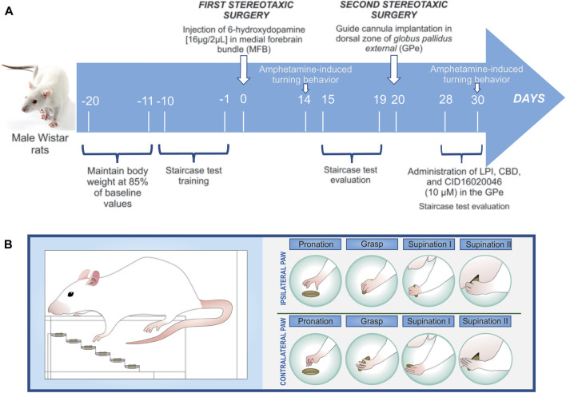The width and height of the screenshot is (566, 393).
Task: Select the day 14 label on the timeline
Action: tap(305, 101)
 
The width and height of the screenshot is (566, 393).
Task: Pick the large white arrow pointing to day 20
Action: tap(394, 72)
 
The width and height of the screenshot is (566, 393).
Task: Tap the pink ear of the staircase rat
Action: tap(98, 280)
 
